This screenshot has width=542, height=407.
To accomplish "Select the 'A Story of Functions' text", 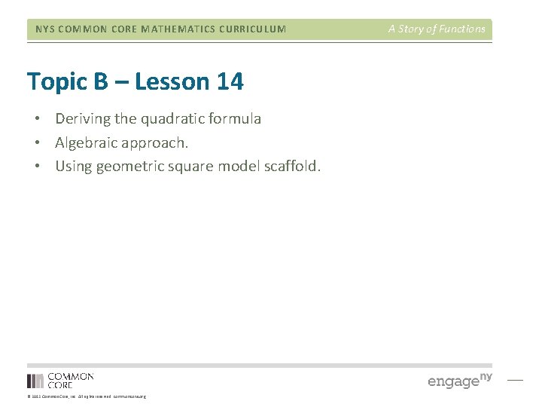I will point(437,29).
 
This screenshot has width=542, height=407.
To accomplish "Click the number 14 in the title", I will point(229,81).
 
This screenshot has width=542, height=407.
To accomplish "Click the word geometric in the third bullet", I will point(130,167).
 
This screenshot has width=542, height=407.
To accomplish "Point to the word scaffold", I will point(291,167).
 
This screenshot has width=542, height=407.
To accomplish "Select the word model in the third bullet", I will point(236,167).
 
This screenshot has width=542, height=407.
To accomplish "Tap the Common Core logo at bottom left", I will point(60,380).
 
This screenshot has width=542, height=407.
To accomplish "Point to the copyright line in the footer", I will point(87,396).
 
